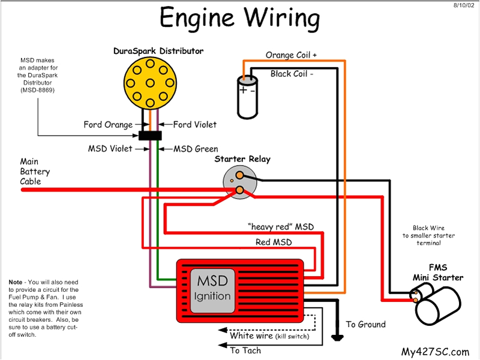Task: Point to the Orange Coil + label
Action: point(291,55)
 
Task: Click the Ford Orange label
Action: point(108,125)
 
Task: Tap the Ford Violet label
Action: point(195,125)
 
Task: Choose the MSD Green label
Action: point(196,149)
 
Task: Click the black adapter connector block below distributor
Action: point(151,136)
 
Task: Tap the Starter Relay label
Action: point(242,159)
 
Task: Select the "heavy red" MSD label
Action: point(280,227)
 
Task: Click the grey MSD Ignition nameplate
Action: point(212,288)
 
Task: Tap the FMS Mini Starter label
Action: point(437,273)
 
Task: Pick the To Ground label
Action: point(365,325)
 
